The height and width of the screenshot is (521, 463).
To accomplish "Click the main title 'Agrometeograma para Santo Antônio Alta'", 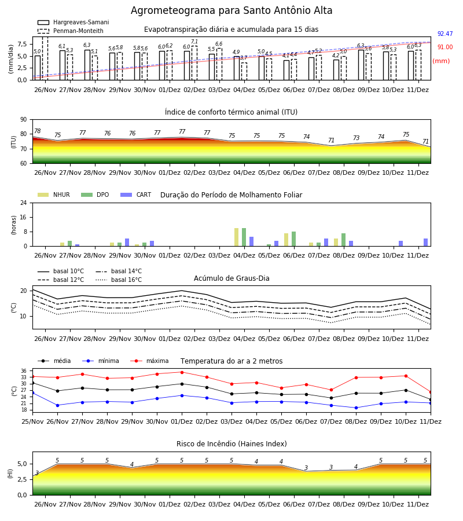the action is tap(231, 10).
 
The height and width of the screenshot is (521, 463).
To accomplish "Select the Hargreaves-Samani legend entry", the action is tap(74, 22).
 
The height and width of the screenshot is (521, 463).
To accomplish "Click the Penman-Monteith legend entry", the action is tap(71, 31).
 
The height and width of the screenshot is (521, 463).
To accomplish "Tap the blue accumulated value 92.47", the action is tap(445, 34).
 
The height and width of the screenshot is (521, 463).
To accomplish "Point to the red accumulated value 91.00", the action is tap(445, 47).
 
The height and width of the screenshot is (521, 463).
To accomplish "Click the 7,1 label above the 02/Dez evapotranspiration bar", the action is tap(194, 42).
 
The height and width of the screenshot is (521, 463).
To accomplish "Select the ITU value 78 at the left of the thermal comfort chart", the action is tap(38, 131).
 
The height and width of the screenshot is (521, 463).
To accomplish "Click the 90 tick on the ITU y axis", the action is tap(24, 120).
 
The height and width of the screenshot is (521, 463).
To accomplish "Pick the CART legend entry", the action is tap(136, 195).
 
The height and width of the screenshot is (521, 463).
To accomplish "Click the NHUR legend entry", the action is tap(54, 195).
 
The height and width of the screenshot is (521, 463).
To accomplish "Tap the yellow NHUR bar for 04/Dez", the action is tap(237, 237).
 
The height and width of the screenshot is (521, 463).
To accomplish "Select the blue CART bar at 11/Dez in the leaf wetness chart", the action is tap(426, 242).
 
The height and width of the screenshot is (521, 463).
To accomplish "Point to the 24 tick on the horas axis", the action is tap(24, 203).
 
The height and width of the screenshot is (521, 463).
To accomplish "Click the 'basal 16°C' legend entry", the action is tap(119, 280).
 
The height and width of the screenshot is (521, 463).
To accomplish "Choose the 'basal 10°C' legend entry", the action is tap(61, 271).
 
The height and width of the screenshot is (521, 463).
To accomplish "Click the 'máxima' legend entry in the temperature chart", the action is tap(149, 361).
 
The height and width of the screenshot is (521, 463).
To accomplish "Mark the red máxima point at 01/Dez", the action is tap(182, 372).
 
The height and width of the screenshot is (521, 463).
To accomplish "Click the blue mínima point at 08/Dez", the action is tap(357, 408).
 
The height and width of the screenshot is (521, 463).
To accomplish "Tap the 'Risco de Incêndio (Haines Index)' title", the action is tap(231, 443).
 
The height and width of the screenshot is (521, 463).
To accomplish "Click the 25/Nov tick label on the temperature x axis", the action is tap(32, 421).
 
